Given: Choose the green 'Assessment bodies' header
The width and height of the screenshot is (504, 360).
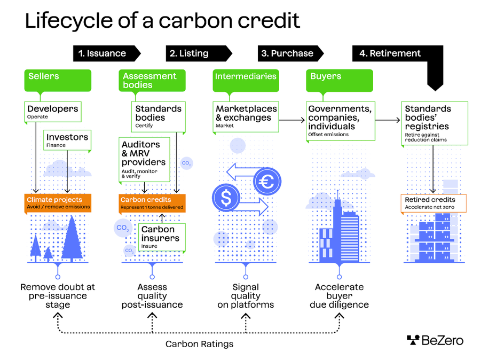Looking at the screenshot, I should point(152,80).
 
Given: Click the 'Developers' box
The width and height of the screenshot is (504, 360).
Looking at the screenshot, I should point(53,111).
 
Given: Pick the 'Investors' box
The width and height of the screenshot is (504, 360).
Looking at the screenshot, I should point(67,140).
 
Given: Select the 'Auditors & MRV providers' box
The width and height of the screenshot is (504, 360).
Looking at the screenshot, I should point(145,158).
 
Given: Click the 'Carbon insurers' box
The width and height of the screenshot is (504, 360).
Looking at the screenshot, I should point(162,237).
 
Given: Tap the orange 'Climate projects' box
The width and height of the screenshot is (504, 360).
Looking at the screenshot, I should point(58,203).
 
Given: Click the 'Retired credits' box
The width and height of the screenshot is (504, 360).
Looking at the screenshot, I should point(434,203).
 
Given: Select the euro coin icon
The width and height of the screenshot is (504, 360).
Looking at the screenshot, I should point(267,182).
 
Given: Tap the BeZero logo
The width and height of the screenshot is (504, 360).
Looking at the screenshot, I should point(435,340).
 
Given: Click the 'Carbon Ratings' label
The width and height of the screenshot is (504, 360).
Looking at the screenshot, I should point(199,344).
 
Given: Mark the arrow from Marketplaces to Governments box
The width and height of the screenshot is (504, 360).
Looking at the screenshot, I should point(292,120).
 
